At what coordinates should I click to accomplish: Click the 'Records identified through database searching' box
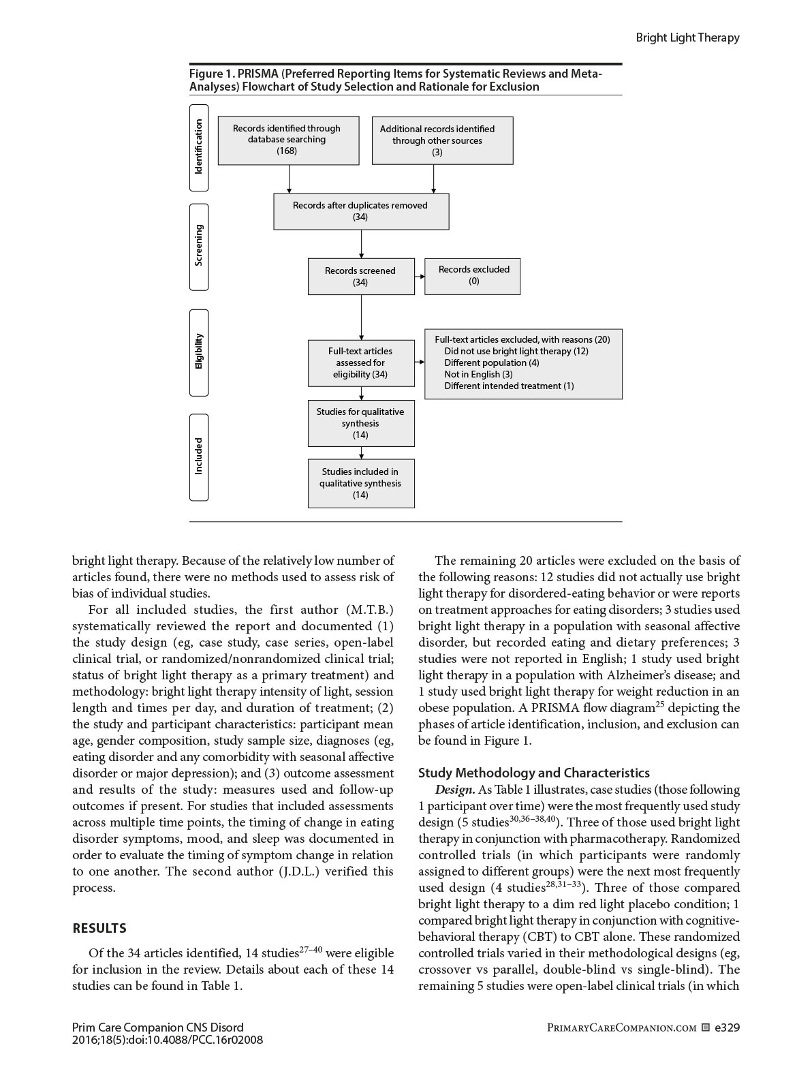coord(288,140)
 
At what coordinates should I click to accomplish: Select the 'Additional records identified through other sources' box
coord(442,140)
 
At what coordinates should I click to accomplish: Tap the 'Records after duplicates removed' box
coord(361,211)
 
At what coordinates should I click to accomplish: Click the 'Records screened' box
coord(361,276)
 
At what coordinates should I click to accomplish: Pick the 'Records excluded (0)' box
coord(472,276)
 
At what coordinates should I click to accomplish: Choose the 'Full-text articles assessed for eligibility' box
coord(361,363)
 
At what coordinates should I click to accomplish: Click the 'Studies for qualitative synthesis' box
coord(361,423)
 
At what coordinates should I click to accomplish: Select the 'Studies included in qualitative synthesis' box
coord(361,484)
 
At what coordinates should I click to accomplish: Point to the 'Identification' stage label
coord(198,147)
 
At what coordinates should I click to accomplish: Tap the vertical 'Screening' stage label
coord(198,246)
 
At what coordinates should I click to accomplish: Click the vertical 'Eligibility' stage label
coord(198,352)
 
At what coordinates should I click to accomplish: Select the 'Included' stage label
coord(198,457)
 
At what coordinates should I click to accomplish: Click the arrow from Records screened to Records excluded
coord(420,276)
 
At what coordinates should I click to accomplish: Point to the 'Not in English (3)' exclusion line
coord(478,374)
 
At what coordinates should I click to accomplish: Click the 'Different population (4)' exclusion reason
coord(491,362)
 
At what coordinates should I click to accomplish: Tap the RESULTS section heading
coord(99,928)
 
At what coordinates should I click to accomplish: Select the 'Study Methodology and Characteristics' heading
coord(533,773)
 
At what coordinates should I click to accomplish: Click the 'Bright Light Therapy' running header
coord(687,37)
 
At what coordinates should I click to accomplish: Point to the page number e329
coord(727,1027)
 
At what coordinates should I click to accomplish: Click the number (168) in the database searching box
coord(287,151)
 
